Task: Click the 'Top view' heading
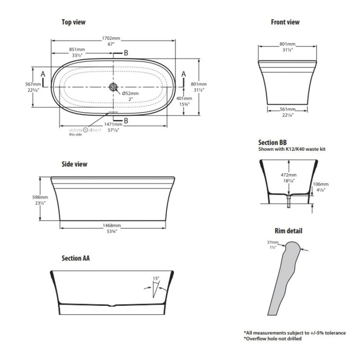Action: [x=73, y=22]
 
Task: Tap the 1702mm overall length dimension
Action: [x=114, y=39]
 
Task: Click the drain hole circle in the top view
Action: [x=114, y=87]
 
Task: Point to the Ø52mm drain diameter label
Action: [x=131, y=93]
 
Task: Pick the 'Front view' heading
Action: [x=285, y=22]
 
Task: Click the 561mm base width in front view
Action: [x=288, y=112]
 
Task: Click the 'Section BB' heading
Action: [x=272, y=142]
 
